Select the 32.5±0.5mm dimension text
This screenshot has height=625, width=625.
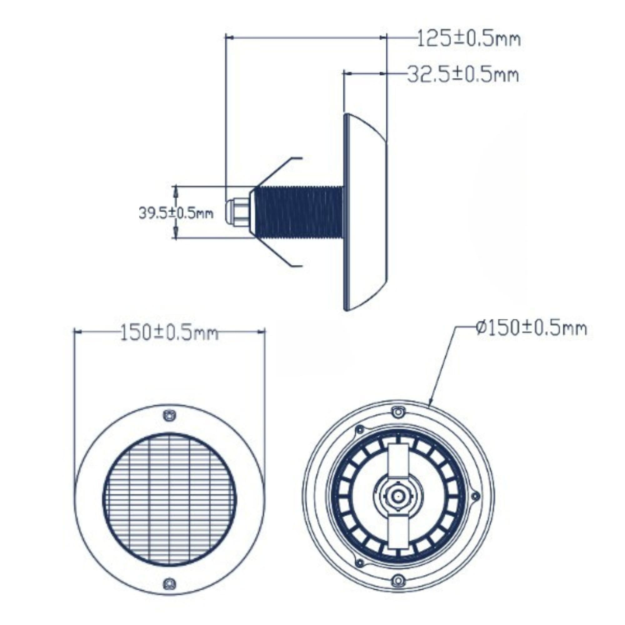[x=463, y=75]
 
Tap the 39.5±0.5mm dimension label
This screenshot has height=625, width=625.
[x=176, y=213]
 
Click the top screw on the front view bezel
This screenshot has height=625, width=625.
[x=169, y=416]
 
